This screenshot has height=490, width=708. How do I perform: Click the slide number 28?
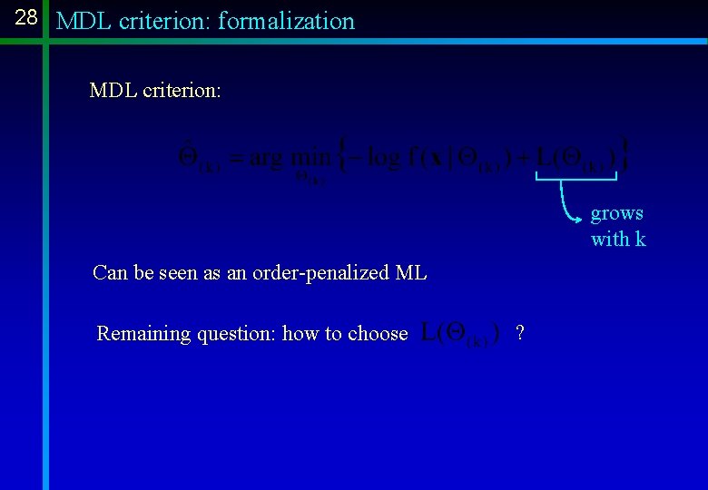[x=26, y=17]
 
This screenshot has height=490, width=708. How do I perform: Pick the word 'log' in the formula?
[x=382, y=158]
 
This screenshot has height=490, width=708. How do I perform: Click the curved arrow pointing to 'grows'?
[x=569, y=204]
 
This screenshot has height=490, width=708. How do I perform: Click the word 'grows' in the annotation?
[x=617, y=213]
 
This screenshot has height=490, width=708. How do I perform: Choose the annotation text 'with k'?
[x=618, y=240]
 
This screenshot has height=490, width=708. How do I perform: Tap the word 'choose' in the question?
[x=378, y=333]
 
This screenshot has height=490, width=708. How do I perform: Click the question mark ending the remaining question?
[x=519, y=333]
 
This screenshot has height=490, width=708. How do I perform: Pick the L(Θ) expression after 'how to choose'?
[x=461, y=333]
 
